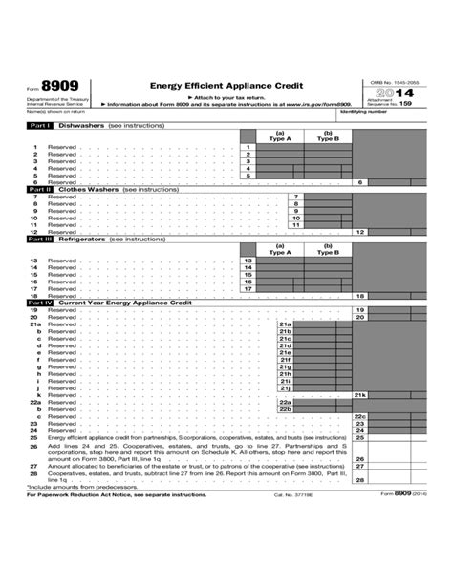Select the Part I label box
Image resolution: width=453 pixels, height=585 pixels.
click(x=39, y=125)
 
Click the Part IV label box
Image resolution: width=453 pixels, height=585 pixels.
click(x=40, y=302)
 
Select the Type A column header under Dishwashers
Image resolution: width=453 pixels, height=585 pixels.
click(x=280, y=136)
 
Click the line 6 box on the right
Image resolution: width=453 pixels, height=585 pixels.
click(x=360, y=181)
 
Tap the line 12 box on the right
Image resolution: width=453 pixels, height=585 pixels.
click(x=360, y=232)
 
